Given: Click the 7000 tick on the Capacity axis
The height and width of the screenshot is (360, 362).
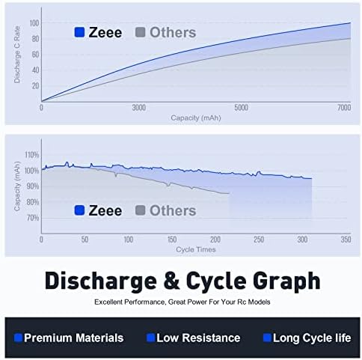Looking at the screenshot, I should click(343, 109).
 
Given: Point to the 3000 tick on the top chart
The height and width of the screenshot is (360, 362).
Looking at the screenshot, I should click(138, 109).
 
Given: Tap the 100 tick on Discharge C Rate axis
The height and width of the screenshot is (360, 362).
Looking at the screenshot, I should click(34, 23).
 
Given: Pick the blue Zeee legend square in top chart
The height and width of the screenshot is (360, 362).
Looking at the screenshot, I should click(79, 32).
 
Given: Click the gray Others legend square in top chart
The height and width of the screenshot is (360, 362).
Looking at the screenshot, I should click(140, 32).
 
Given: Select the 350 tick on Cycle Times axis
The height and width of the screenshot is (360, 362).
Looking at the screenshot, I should click(346, 240).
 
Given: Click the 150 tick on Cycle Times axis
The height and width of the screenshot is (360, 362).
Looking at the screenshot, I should click(171, 240).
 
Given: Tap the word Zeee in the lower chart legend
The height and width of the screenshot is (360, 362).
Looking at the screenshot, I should click(105, 210).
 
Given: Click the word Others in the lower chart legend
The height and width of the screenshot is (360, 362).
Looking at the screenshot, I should click(173, 210).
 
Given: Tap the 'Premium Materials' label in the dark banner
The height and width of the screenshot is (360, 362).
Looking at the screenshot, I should click(73, 338).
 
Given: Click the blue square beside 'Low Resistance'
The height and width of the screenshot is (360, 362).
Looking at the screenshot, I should click(150, 338).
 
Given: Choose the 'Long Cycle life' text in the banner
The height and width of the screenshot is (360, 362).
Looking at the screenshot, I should click(312, 338).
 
